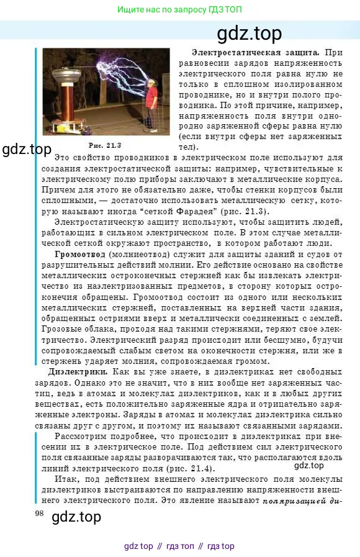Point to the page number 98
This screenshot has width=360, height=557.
(40, 512)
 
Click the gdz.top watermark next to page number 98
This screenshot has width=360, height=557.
(76, 516)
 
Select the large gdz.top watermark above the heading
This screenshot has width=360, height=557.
(250, 33)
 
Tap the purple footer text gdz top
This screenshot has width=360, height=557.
(138, 546)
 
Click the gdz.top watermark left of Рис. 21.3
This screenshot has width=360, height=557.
(27, 150)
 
